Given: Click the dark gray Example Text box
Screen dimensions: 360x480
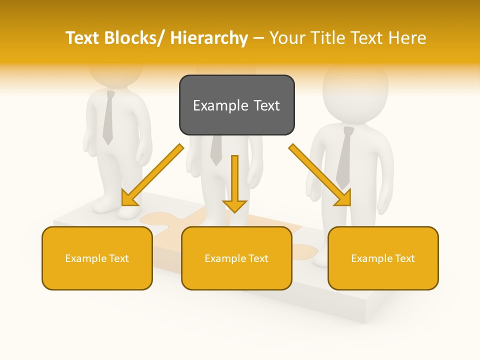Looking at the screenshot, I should click(236, 105).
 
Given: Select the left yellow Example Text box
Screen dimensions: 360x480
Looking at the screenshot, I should click(97, 258).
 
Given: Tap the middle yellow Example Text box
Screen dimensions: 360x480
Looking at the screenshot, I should click(236, 258).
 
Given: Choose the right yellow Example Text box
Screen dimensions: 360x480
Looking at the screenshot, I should click(383, 258).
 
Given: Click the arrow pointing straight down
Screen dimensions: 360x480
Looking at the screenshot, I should click(234, 185).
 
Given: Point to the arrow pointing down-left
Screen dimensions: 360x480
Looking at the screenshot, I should click(152, 176).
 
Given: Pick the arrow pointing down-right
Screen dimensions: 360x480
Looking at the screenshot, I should click(320, 175).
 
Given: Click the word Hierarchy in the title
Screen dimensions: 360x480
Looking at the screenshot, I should click(209, 38).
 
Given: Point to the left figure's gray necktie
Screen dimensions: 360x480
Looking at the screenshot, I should click(108, 117).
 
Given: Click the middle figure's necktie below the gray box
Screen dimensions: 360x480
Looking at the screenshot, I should click(216, 150).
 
